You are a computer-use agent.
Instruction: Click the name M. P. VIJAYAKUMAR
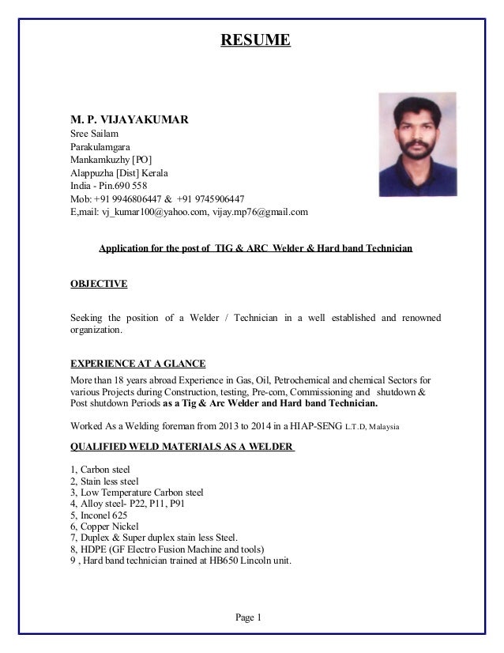tap(130, 120)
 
